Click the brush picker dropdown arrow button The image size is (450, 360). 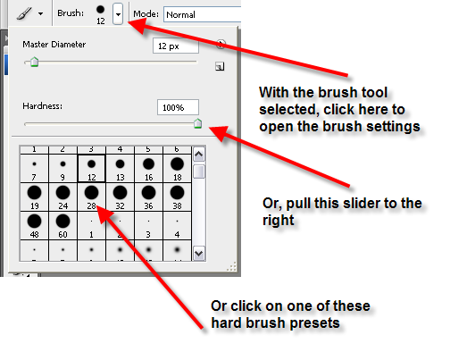[118, 14]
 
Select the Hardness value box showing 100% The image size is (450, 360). [178, 107]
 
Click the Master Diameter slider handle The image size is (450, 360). [35, 62]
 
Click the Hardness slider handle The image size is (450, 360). [198, 123]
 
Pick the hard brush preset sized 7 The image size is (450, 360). [34, 168]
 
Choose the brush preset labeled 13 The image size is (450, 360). [120, 168]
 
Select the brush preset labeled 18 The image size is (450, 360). [177, 168]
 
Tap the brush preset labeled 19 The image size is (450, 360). [34, 197]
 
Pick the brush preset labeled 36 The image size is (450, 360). [148, 197]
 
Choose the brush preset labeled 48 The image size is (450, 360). [34, 225]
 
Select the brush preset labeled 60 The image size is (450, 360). [62, 225]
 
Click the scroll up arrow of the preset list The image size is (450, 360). [199, 155]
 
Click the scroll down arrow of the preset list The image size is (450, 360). [199, 254]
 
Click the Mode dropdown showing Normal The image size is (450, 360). [202, 14]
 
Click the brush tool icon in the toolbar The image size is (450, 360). [24, 13]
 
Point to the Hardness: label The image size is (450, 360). [43, 106]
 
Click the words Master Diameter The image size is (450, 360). [54, 45]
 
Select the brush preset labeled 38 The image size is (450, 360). [177, 197]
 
